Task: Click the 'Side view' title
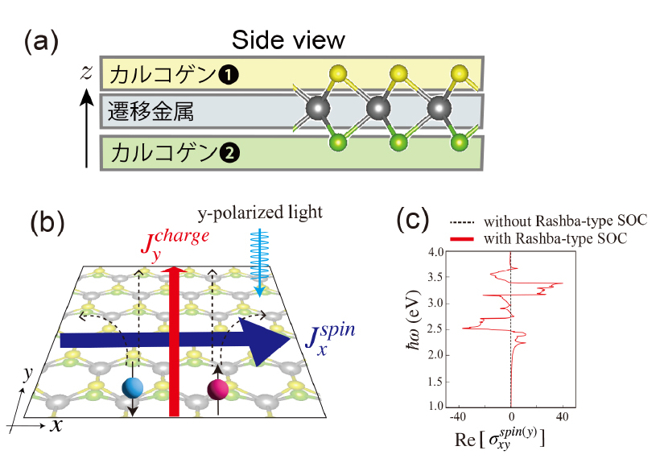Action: coord(288,39)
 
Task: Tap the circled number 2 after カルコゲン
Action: coord(228,150)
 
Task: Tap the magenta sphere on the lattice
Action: coord(217,391)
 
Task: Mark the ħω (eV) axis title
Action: coord(413,329)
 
